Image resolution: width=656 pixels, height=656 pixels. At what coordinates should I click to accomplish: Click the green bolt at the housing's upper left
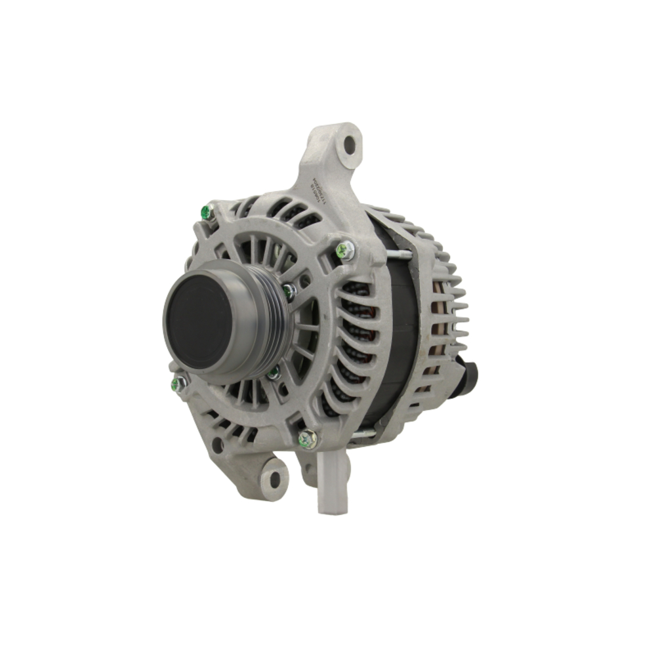pyautogui.click(x=206, y=211)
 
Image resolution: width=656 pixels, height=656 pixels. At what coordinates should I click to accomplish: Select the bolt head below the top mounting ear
pyautogui.click(x=344, y=249)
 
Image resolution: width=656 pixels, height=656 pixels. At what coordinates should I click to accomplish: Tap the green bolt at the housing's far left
pyautogui.click(x=177, y=384)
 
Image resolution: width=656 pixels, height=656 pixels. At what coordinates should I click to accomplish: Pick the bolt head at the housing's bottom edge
pyautogui.click(x=307, y=438)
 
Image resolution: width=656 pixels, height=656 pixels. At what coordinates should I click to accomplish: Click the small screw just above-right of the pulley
pyautogui.click(x=289, y=291)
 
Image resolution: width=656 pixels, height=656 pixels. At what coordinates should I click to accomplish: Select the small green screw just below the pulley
pyautogui.click(x=274, y=373)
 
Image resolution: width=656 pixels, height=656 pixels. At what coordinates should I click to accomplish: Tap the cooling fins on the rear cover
pyautogui.click(x=449, y=308)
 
